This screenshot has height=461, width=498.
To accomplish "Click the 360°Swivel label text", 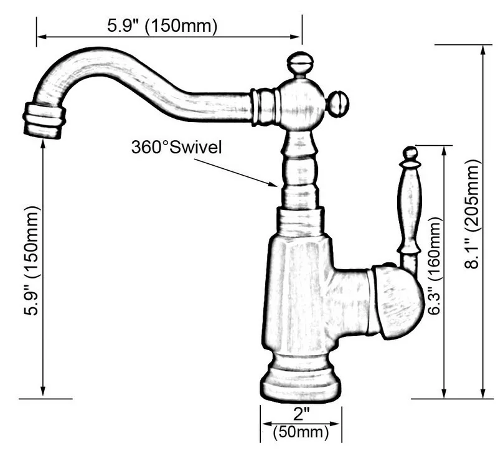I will pos(176,147).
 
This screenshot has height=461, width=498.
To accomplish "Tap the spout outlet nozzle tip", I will pos(44,120).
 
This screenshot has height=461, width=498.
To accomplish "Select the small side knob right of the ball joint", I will pos(338,103).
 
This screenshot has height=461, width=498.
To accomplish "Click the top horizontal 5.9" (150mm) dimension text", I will pos(162,26).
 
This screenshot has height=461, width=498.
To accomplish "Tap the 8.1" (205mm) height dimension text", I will pos(474,214).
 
